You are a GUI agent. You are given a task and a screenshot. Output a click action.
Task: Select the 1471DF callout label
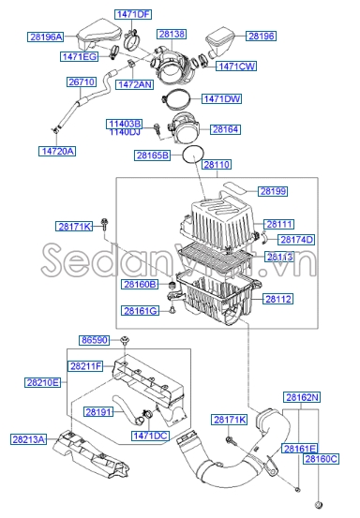(132, 14)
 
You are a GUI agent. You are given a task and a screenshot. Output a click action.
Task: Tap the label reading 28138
(172, 34)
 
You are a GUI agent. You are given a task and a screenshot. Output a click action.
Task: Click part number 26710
(82, 82)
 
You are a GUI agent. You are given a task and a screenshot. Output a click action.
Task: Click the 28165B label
(153, 155)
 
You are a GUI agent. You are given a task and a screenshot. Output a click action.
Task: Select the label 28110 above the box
(217, 165)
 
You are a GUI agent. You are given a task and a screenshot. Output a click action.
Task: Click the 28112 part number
(278, 300)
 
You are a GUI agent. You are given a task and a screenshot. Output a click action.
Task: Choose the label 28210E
(42, 382)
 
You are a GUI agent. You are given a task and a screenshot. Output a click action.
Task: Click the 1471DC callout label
(149, 436)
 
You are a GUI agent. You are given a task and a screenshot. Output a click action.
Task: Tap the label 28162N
(303, 398)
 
